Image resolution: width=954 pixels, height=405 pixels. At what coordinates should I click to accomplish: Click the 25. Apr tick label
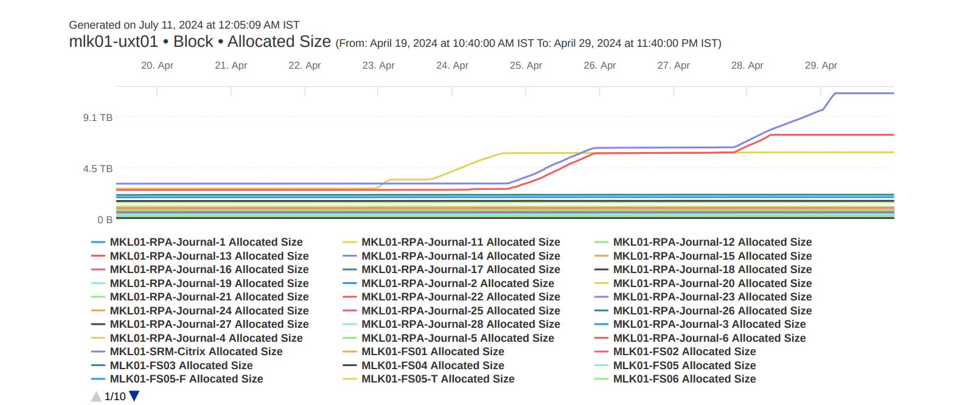(526, 66)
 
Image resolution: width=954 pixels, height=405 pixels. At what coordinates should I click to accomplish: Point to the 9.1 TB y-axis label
(98, 117)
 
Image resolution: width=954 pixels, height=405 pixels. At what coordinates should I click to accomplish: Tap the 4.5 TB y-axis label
(98, 168)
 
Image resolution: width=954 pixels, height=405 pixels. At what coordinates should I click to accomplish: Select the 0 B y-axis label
(105, 220)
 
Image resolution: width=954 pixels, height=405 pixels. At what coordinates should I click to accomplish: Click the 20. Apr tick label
(157, 66)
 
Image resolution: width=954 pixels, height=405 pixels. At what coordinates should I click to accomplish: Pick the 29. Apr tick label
(821, 66)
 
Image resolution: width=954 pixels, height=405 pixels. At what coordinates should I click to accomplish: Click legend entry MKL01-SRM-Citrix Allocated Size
(196, 351)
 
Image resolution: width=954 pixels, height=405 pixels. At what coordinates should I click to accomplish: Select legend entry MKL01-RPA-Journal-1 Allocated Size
(206, 242)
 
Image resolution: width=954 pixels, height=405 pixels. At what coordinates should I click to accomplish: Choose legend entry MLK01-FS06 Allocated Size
(684, 379)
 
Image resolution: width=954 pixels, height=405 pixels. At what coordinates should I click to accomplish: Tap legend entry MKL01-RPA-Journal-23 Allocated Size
(712, 297)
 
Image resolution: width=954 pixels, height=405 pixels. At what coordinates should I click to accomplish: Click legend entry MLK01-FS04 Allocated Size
(433, 365)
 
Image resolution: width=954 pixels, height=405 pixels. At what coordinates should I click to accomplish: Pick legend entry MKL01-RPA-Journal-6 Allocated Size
(709, 338)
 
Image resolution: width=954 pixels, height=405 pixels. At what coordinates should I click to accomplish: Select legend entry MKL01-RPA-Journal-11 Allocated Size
(461, 242)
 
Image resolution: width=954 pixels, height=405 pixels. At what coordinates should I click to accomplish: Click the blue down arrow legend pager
(134, 396)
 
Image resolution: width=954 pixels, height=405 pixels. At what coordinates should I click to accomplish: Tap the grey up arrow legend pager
(96, 396)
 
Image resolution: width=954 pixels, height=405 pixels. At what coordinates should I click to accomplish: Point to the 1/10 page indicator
(115, 396)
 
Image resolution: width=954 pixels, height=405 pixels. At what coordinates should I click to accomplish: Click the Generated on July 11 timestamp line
(184, 25)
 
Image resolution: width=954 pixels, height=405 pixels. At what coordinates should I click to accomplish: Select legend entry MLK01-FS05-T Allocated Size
(437, 379)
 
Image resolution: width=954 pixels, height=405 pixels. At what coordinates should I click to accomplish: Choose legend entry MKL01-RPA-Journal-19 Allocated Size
(209, 283)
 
